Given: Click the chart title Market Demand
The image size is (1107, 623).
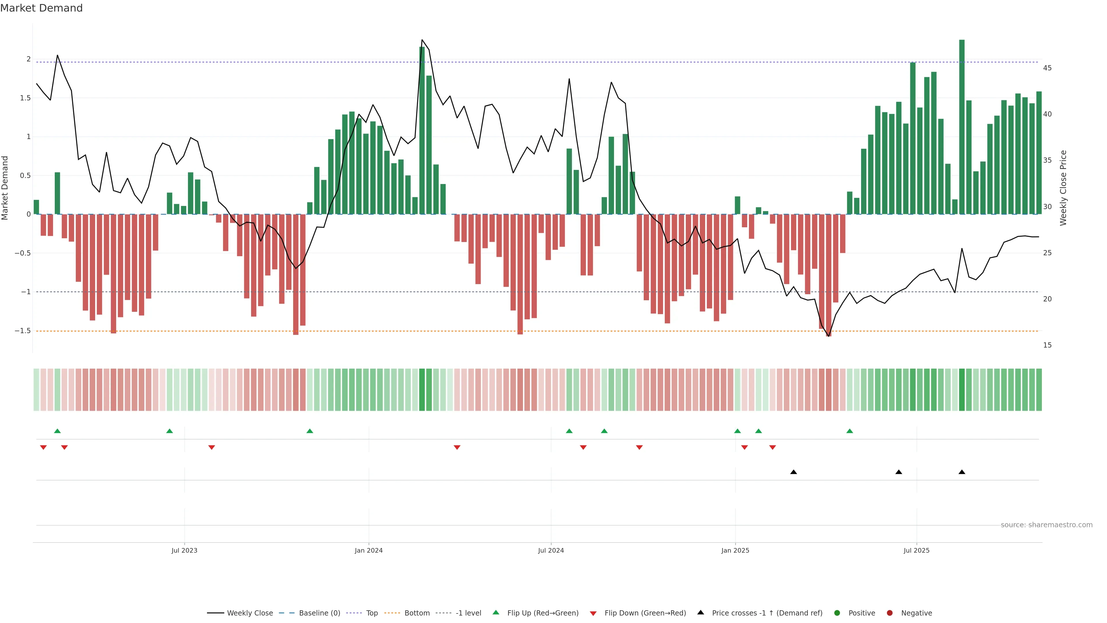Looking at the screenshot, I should [x=41, y=8].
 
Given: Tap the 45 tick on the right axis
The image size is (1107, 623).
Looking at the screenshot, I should [x=1047, y=68].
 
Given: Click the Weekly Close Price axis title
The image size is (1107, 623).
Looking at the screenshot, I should [x=1063, y=188].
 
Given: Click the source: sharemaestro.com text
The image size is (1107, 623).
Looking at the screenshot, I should [x=1046, y=525].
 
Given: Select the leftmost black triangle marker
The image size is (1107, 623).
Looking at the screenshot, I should [x=794, y=472].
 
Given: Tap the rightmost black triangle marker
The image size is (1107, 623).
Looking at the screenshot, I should [x=962, y=472].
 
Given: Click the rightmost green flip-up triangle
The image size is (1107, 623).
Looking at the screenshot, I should [x=850, y=431].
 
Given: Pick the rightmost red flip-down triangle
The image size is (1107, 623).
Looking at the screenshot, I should [x=773, y=448].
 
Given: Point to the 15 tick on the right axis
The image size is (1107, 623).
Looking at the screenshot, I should [x=1047, y=345].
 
